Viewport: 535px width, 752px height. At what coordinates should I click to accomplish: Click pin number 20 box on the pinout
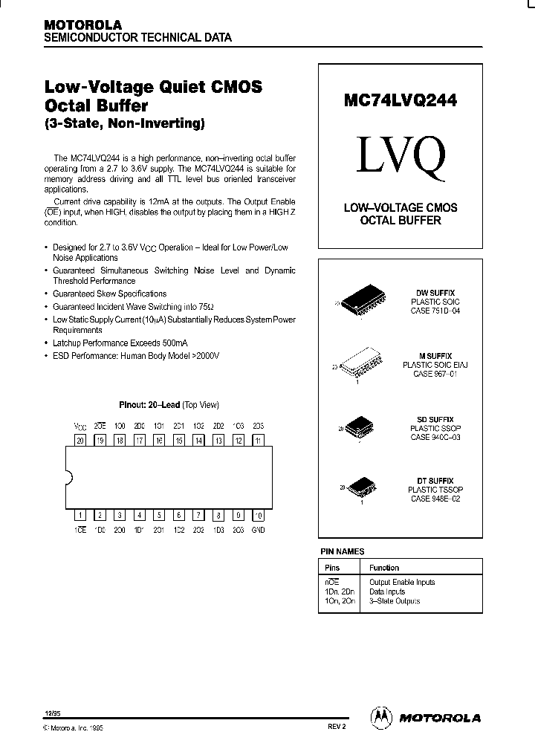tap(80, 440)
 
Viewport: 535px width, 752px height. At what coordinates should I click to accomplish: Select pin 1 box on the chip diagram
tap(80, 514)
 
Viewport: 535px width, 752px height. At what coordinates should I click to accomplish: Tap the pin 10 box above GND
tap(257, 514)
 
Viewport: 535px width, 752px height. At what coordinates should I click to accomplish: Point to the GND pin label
tap(257, 530)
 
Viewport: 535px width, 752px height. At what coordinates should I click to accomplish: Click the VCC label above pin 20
tap(80, 427)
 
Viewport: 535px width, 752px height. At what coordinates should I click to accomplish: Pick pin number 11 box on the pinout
tap(257, 440)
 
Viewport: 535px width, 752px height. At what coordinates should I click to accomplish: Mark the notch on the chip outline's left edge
tap(68, 477)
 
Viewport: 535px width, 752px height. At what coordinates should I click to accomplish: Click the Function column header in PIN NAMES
tap(384, 568)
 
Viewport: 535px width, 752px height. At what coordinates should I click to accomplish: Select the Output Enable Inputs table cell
tap(401, 582)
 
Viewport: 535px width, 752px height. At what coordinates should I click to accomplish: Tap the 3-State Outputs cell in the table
tap(394, 600)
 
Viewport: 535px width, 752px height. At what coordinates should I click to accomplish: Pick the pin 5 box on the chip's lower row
tap(159, 514)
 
